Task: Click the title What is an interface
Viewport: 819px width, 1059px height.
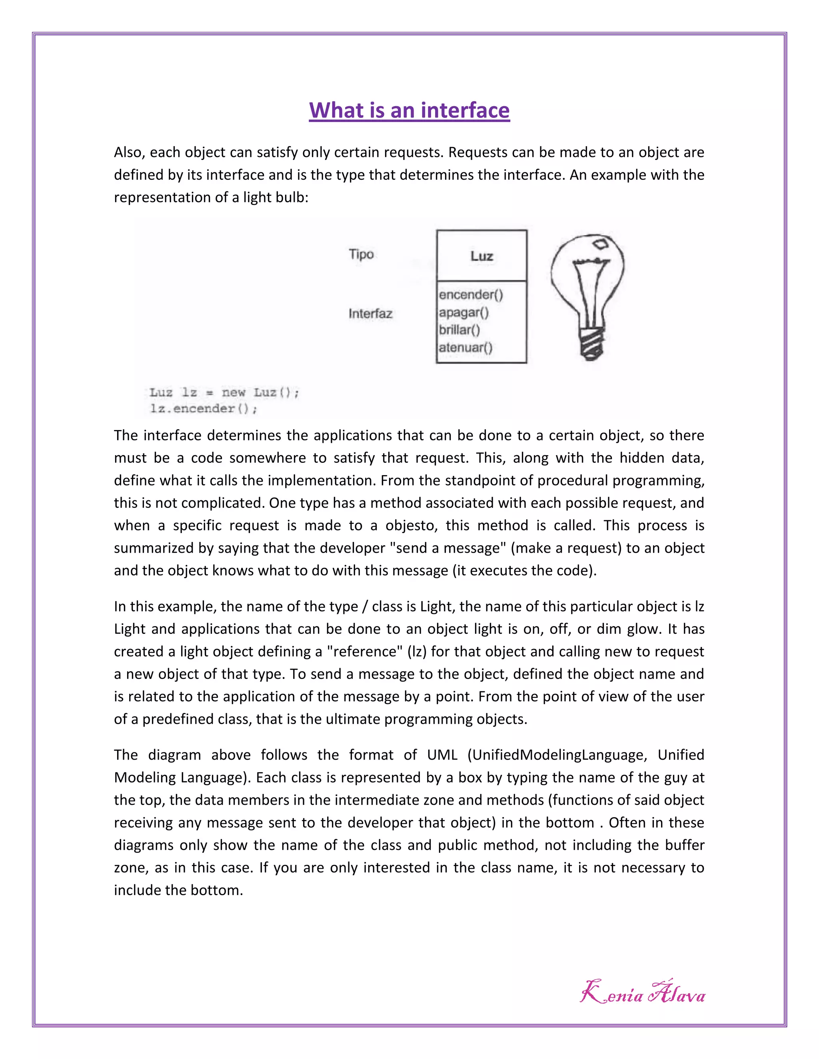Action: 409,111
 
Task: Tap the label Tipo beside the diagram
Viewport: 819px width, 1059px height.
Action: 361,254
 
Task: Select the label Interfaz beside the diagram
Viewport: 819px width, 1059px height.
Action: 370,314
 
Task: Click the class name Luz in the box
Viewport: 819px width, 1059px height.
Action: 481,256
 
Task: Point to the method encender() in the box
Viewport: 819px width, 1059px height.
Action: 471,295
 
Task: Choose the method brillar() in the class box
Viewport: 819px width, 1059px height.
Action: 459,330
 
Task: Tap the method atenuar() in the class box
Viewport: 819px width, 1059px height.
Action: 465,348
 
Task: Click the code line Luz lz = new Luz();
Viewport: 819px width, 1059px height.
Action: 224,392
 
